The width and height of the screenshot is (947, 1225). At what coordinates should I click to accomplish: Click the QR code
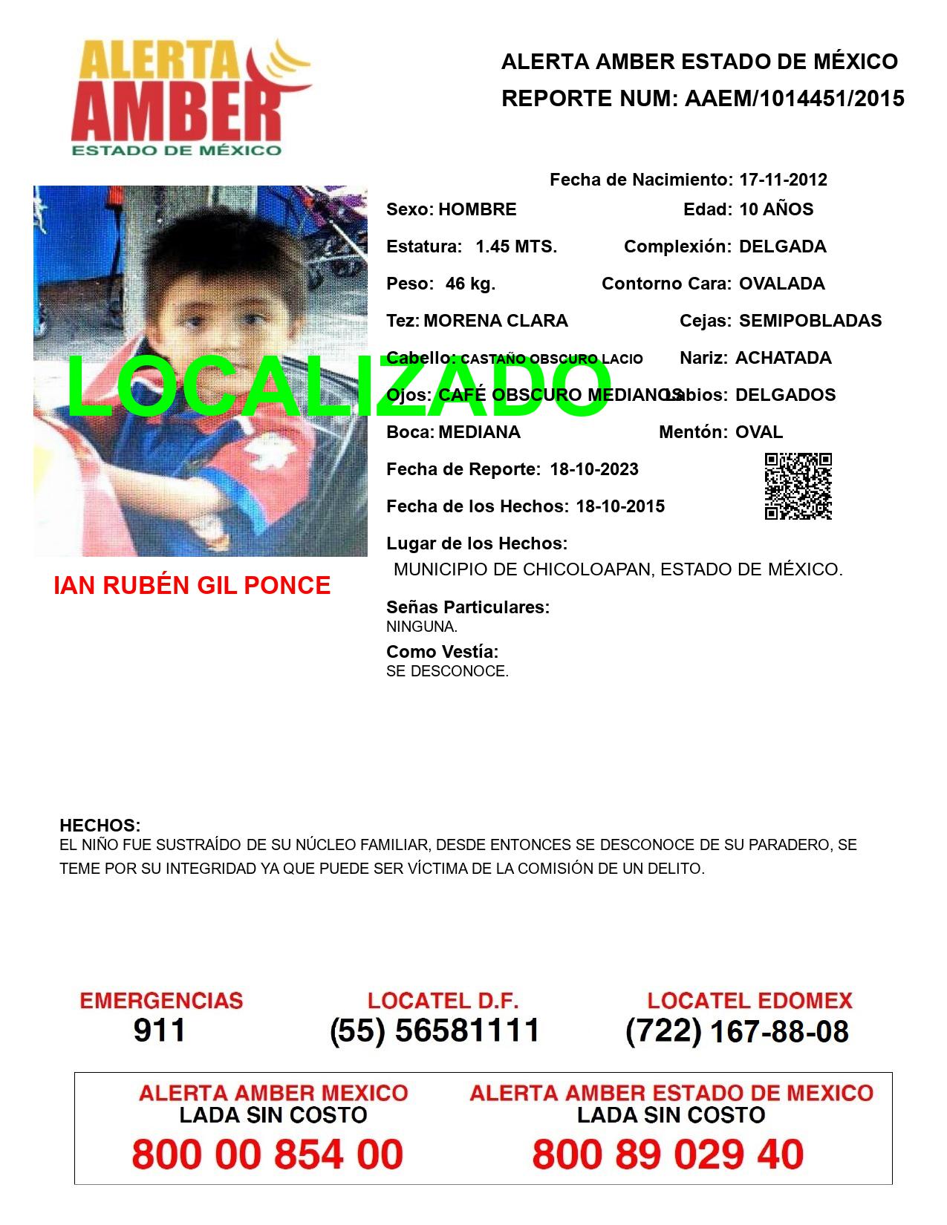798,486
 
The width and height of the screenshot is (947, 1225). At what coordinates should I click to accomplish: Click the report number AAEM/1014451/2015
794,99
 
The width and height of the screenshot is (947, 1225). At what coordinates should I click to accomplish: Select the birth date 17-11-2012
783,180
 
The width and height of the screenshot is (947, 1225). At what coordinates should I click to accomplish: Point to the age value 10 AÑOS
776,209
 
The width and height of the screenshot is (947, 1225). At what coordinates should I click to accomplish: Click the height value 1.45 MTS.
516,246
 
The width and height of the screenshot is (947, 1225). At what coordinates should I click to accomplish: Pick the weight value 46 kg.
470,284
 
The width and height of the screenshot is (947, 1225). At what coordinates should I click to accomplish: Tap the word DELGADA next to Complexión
782,246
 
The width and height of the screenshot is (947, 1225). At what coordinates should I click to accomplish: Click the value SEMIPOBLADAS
810,321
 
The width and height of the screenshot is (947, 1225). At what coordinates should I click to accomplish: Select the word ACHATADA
783,358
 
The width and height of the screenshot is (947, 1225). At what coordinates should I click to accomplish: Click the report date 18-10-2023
594,469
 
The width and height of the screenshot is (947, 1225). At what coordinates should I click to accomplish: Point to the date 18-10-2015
620,506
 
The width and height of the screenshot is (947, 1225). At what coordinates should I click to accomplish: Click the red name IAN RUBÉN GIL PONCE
192,586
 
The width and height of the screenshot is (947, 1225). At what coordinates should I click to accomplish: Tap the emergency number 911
160,1030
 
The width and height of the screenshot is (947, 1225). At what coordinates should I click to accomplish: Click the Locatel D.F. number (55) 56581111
435,1030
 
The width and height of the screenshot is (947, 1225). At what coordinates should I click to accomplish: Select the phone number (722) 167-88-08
737,1031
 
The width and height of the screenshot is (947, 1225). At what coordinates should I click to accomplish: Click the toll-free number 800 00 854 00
267,1154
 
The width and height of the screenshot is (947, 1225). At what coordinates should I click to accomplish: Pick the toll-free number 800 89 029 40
668,1154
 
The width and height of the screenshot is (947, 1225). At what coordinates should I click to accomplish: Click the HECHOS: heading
100,826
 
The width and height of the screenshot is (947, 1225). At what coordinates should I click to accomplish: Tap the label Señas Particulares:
468,607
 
